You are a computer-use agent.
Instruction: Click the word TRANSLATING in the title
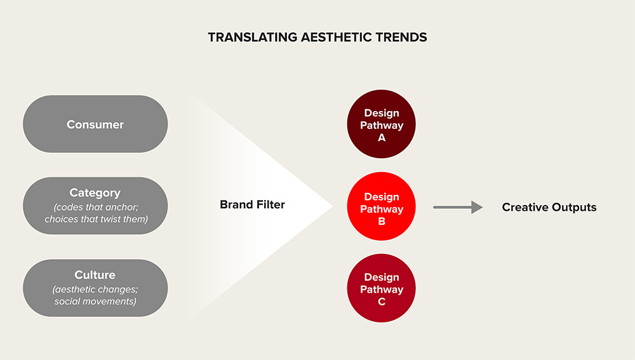[253, 37]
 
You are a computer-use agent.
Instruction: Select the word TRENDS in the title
[401, 37]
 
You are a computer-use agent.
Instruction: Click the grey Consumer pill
[95, 124]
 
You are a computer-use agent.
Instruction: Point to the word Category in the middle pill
[95, 193]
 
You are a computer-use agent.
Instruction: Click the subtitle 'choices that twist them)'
[97, 219]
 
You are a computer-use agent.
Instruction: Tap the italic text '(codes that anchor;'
[96, 208]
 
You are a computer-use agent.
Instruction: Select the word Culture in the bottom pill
[95, 274]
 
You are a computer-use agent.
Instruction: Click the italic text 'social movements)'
[96, 302]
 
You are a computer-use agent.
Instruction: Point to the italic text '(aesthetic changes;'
[95, 290]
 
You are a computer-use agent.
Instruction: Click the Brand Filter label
[252, 204]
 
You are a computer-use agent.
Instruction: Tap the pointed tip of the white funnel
[333, 206]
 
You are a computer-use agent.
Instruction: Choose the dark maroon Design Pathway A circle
[382, 124]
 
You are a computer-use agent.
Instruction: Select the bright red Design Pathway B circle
[382, 206]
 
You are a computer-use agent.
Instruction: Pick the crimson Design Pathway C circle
[382, 288]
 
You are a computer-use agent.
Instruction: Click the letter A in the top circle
[382, 138]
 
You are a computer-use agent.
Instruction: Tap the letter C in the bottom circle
[382, 302]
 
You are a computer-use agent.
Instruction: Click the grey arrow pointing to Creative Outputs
[458, 208]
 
